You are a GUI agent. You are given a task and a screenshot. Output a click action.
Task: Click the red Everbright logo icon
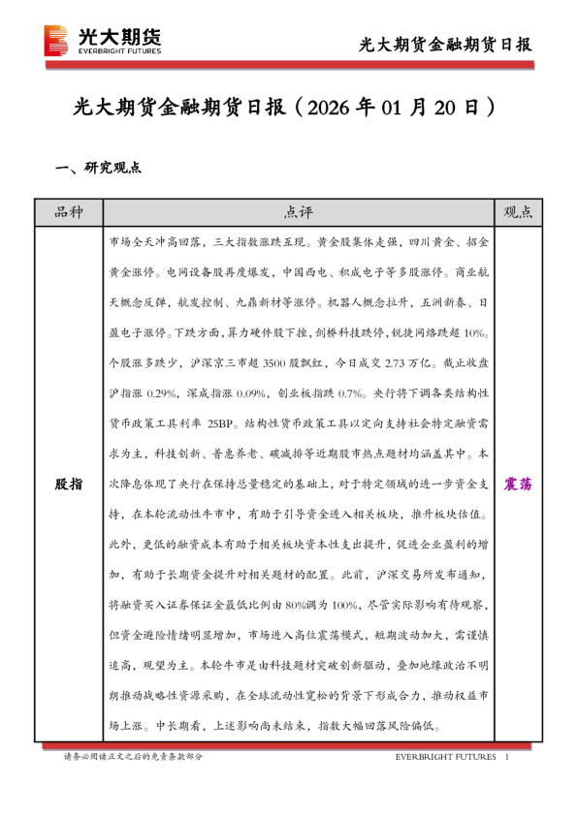[x=56, y=40]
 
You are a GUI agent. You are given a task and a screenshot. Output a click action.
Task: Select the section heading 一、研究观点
[x=100, y=167]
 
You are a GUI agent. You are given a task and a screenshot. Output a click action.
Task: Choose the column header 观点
[x=519, y=212]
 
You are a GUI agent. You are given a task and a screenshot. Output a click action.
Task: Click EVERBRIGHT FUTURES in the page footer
[x=445, y=756]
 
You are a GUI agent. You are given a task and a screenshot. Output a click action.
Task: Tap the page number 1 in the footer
[x=507, y=756]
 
